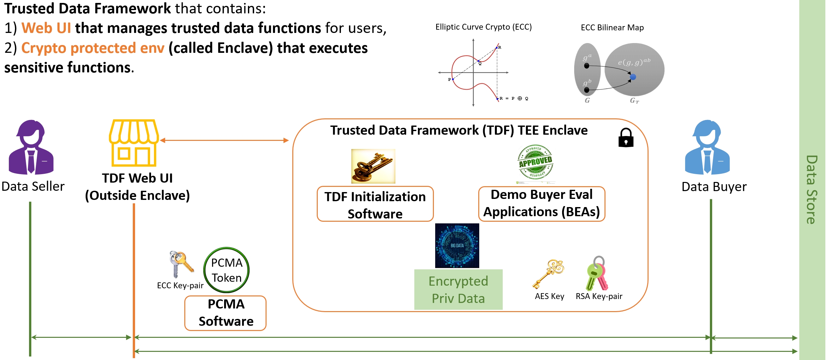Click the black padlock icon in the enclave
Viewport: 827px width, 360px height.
click(x=626, y=138)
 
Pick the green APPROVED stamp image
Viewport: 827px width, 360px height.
click(x=535, y=162)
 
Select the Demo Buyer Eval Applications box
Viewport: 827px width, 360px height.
click(x=542, y=204)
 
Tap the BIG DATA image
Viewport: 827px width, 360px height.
click(x=457, y=246)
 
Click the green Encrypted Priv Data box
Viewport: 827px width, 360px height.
click(x=458, y=290)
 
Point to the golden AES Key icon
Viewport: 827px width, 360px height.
click(x=549, y=274)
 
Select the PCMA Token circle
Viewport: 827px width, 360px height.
click(x=226, y=270)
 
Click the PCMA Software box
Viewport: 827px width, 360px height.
click(x=226, y=313)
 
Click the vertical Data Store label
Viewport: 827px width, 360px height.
click(x=812, y=189)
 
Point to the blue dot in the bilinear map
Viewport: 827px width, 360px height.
click(x=633, y=77)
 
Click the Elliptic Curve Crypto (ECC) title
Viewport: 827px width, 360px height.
click(x=483, y=27)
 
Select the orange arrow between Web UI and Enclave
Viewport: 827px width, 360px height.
click(x=224, y=141)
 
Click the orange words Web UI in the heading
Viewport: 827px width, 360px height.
click(x=46, y=28)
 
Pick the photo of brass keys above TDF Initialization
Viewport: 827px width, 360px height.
click(x=373, y=166)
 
